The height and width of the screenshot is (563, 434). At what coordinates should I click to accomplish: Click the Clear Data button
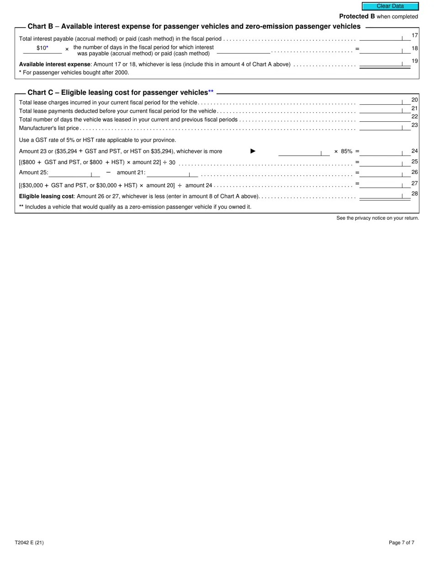point(390,6)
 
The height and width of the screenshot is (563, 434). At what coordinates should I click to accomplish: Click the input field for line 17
point(385,37)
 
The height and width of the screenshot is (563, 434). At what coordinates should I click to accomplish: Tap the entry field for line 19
point(385,64)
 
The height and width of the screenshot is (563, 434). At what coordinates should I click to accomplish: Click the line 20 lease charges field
point(385,102)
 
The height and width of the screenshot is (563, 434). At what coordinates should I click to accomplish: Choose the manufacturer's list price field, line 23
point(385,127)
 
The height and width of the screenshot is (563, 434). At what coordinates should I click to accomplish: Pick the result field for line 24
point(385,152)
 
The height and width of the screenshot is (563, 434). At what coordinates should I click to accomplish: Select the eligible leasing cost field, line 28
point(385,195)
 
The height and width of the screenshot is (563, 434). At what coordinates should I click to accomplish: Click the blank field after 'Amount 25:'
point(74,173)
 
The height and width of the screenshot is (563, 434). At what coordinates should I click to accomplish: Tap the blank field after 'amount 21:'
point(172,173)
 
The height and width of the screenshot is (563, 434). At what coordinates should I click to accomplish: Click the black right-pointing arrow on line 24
point(253,151)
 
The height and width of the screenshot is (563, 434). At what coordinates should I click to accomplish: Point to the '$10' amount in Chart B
point(42,48)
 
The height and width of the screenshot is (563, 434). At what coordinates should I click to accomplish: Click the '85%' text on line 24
point(347,151)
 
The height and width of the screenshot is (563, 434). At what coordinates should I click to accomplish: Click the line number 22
point(415,116)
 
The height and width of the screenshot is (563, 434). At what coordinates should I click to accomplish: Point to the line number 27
point(415,183)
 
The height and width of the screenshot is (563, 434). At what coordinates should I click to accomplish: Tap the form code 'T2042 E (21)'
point(29,543)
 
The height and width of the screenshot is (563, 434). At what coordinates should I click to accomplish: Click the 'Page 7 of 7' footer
point(402,543)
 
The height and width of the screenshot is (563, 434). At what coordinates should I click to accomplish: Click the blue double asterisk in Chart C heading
point(211,92)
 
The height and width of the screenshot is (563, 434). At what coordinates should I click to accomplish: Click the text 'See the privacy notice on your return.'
point(377,218)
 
